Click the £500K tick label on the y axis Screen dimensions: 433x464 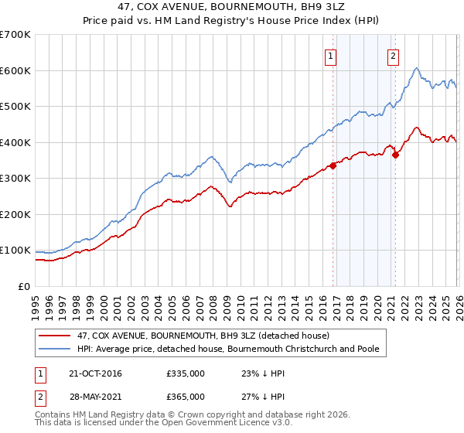[x=15, y=106]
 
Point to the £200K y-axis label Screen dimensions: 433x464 [x=15, y=214]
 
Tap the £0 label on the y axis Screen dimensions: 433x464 [x=25, y=286]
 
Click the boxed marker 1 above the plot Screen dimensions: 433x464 [x=330, y=55]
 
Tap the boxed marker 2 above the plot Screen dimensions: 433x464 [x=393, y=55]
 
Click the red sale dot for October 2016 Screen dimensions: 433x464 [x=333, y=165]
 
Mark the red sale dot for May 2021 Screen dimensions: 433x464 [x=395, y=155]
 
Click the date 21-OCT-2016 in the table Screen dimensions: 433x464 [x=90, y=373]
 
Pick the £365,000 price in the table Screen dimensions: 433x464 [x=186, y=397]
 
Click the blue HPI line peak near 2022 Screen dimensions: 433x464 [x=416, y=69]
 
